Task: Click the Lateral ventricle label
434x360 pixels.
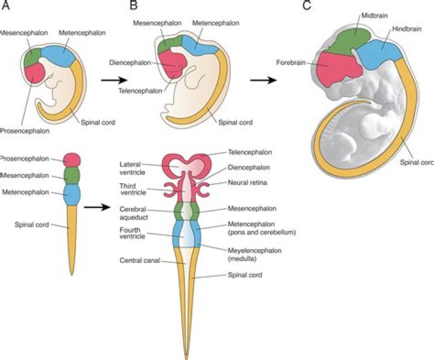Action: pos(133,166)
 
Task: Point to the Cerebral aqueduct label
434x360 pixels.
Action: pos(134,212)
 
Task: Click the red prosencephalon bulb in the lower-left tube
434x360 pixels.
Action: pos(72,160)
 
